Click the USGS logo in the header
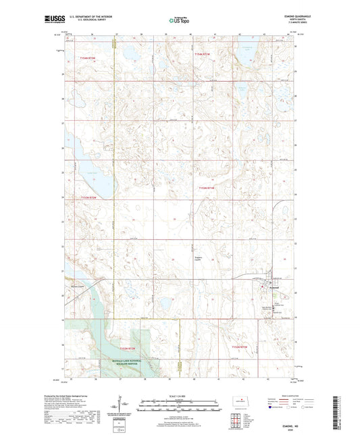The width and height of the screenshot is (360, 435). coord(50,20)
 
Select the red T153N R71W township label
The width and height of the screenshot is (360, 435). coord(206,188)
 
